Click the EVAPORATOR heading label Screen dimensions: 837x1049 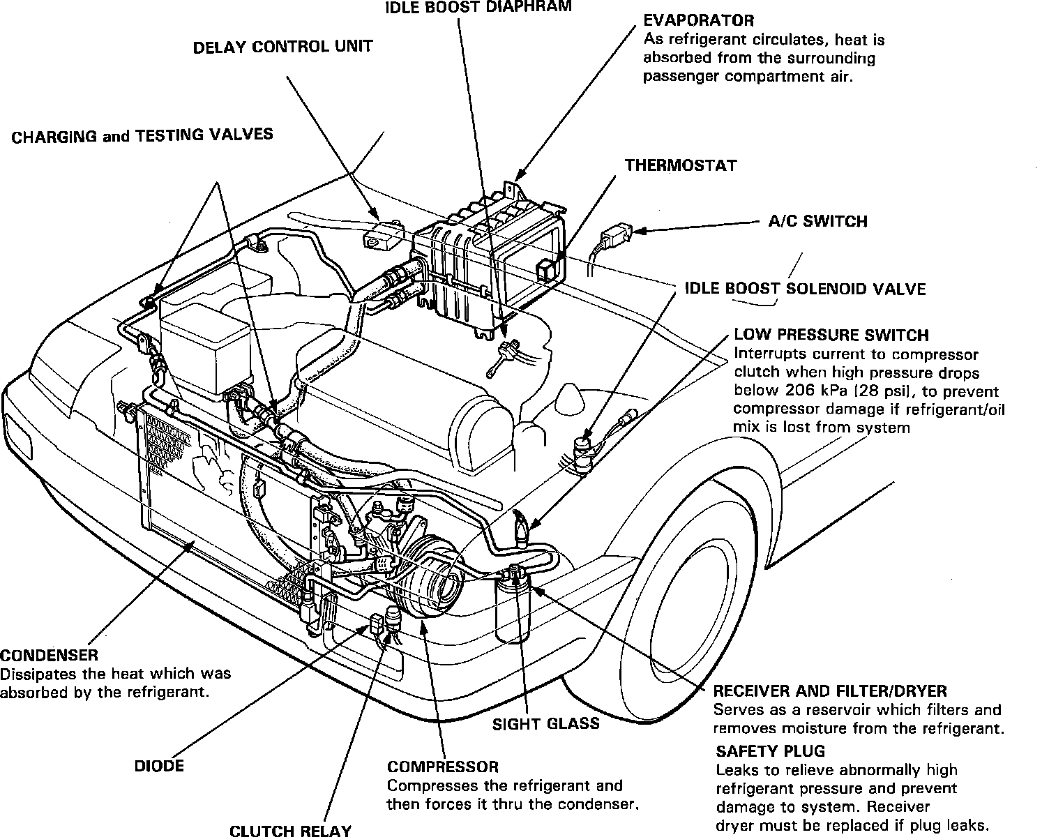[698, 20]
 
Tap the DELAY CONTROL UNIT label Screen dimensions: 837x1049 [282, 47]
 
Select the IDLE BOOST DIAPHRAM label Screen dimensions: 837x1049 [478, 7]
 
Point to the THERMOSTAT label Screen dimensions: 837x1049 [680, 165]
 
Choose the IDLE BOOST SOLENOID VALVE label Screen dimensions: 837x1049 [805, 288]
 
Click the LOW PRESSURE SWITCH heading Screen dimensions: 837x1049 [831, 335]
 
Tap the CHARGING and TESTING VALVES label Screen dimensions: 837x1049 [142, 135]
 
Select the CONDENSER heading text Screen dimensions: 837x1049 [49, 655]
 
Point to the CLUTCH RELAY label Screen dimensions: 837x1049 [290, 830]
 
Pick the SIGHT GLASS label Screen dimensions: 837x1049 [545, 723]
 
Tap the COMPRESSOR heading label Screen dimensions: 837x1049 [443, 767]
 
